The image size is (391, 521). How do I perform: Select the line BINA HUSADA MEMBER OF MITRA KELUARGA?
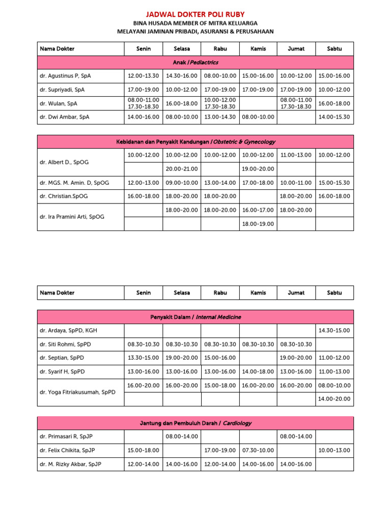195,23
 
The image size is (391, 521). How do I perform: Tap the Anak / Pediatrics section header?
195,63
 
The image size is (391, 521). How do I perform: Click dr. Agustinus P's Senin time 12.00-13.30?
144,76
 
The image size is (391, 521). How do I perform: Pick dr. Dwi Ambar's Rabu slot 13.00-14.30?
220,117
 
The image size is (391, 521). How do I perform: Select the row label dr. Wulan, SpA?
59,103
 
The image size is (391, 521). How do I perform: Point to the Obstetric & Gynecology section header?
195,141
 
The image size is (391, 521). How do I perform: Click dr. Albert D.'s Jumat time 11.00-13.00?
296,155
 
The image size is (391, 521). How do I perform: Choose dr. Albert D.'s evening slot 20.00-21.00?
182,169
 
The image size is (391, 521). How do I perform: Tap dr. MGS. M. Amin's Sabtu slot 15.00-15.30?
334,183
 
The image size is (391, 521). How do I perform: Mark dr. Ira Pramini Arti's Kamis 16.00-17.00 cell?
258,210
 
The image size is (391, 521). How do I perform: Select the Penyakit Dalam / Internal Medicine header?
195,317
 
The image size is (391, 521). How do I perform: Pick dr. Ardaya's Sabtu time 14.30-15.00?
334,331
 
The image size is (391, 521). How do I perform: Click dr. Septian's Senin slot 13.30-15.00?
144,358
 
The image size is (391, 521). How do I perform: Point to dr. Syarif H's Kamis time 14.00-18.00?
258,371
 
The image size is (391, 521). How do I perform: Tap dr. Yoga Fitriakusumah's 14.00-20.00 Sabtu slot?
334,399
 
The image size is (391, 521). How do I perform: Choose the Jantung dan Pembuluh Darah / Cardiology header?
195,423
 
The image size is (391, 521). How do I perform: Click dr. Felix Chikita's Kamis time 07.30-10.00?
258,450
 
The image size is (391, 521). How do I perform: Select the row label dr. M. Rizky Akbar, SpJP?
70,464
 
